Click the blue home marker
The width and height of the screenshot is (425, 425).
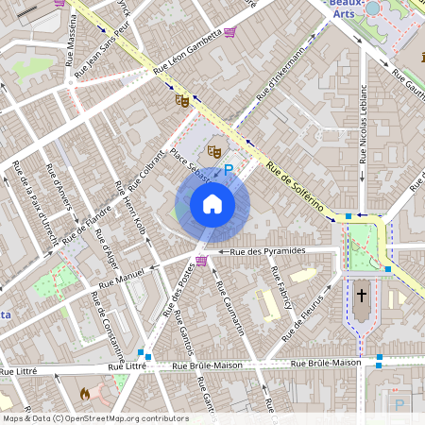click(212, 203)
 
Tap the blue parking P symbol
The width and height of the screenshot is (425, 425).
click(228, 167)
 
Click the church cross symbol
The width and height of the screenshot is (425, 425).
click(360, 296)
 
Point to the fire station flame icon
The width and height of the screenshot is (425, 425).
click(85, 392)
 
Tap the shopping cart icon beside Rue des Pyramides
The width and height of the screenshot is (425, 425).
click(201, 261)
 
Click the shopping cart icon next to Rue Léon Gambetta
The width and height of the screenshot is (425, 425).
click(229, 31)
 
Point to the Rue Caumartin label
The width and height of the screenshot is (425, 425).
click(233, 307)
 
